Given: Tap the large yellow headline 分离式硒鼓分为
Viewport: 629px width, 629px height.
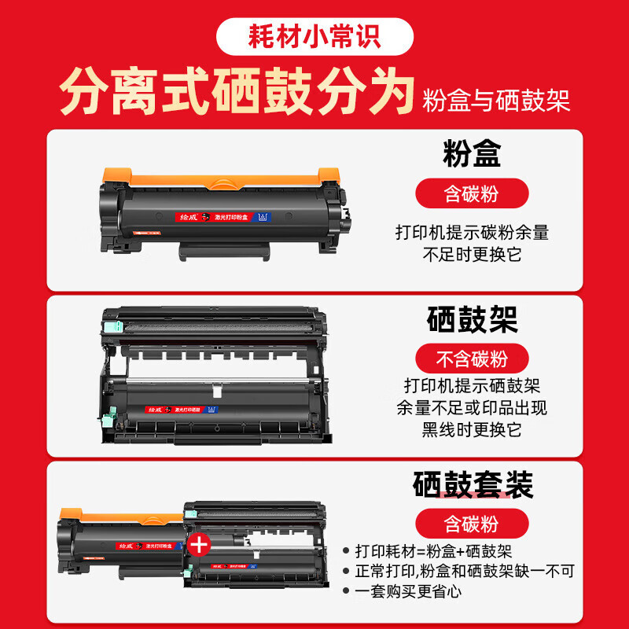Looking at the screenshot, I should tap(237, 94).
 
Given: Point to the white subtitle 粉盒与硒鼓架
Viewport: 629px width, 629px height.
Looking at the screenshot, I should tap(496, 100).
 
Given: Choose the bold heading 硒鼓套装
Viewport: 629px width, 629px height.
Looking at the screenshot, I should tap(473, 484).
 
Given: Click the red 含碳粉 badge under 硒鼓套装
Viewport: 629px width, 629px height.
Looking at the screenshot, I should tap(473, 522).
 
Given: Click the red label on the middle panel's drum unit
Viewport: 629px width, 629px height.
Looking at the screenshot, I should tap(167, 409).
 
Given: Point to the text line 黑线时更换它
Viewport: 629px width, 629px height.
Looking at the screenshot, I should tap(473, 429).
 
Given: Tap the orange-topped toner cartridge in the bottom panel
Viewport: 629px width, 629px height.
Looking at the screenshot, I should tap(122, 543).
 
